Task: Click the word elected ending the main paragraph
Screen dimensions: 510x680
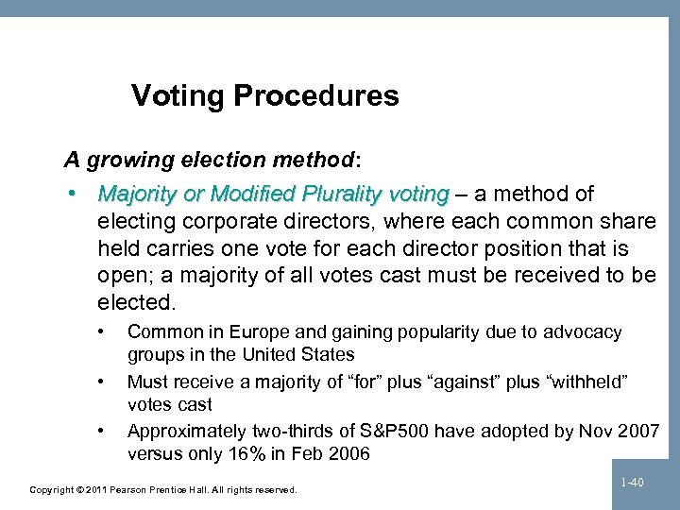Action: point(135,303)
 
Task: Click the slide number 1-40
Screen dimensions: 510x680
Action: point(632,483)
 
